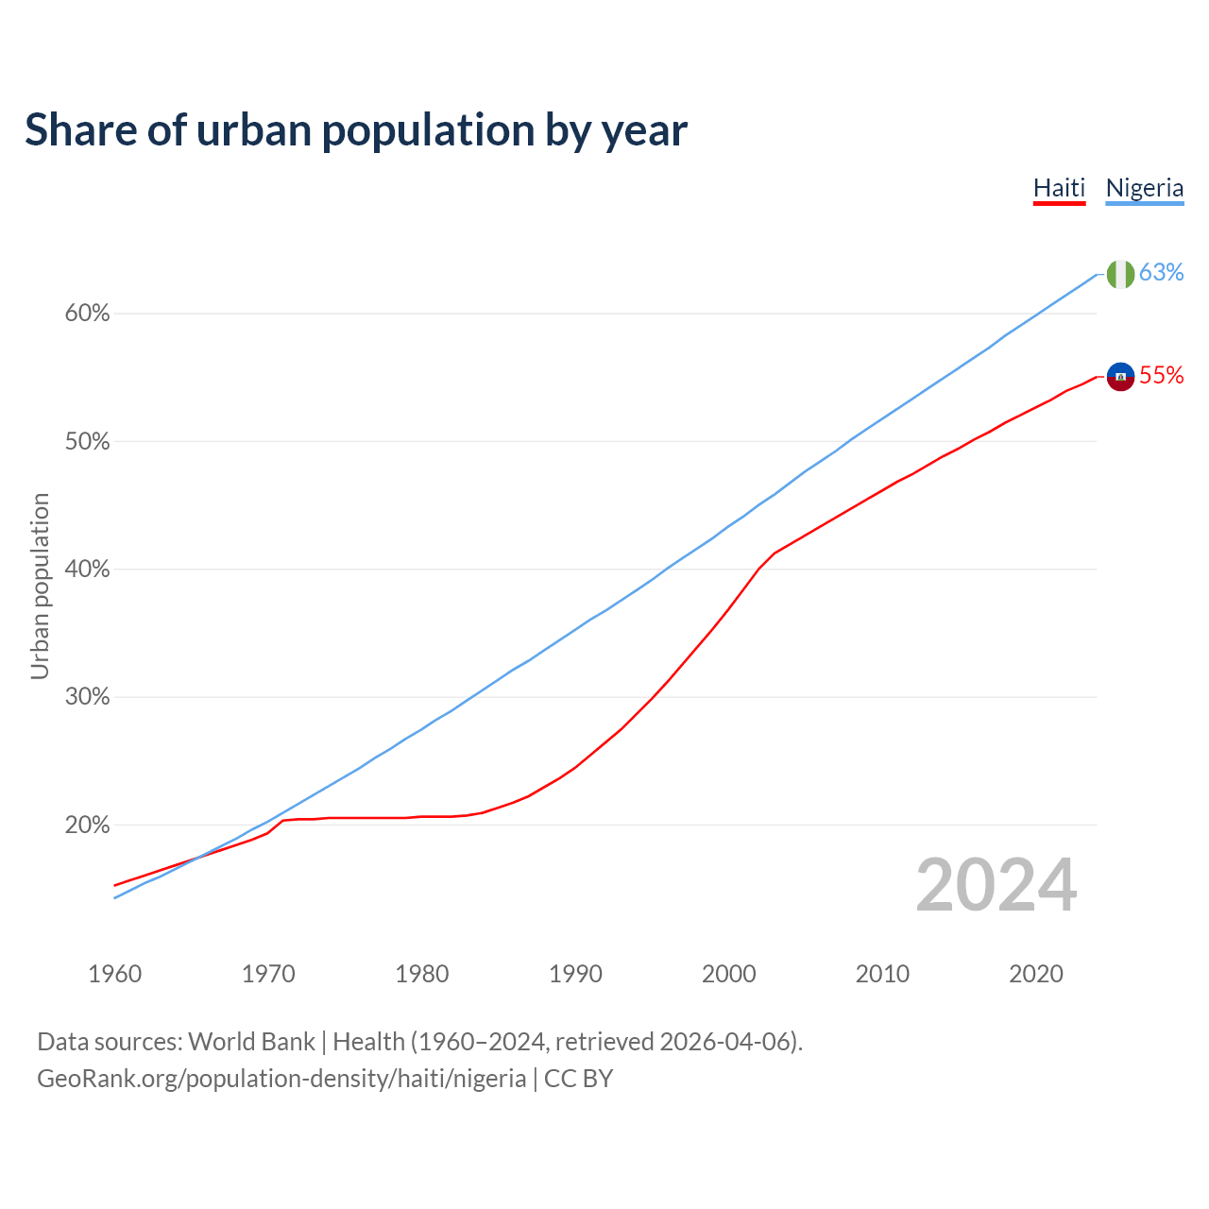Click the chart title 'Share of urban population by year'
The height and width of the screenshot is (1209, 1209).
pyautogui.click(x=356, y=130)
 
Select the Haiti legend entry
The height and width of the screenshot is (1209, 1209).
pyautogui.click(x=1059, y=188)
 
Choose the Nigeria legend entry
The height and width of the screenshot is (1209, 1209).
pyautogui.click(x=1144, y=188)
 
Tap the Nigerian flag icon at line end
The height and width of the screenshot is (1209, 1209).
pyautogui.click(x=1120, y=274)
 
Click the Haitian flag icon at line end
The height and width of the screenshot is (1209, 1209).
pyautogui.click(x=1120, y=376)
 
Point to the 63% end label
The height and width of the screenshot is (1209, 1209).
pyautogui.click(x=1161, y=272)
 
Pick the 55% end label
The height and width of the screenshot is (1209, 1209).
pyautogui.click(x=1161, y=375)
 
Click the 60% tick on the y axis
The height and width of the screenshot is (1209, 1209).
pyautogui.click(x=87, y=314)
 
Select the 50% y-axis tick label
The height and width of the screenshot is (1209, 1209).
pyautogui.click(x=87, y=442)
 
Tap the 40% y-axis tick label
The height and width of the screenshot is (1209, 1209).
pyautogui.click(x=87, y=570)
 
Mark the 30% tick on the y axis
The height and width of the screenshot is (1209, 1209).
pyautogui.click(x=87, y=697)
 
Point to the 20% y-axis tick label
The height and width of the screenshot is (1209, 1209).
pyautogui.click(x=87, y=826)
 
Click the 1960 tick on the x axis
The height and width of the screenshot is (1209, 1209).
pyautogui.click(x=115, y=974)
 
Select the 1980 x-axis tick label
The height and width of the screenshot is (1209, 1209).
pyautogui.click(x=422, y=974)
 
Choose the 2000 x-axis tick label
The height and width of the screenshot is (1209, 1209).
pyautogui.click(x=729, y=974)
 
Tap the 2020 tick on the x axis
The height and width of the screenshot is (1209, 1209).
pyautogui.click(x=1036, y=974)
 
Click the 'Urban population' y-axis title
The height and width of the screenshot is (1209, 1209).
pyautogui.click(x=40, y=586)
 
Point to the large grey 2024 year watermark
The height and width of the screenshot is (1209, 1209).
pyautogui.click(x=996, y=886)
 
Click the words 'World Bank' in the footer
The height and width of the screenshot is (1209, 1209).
pyautogui.click(x=251, y=1042)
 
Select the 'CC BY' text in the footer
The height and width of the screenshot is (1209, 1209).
pyautogui.click(x=578, y=1079)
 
